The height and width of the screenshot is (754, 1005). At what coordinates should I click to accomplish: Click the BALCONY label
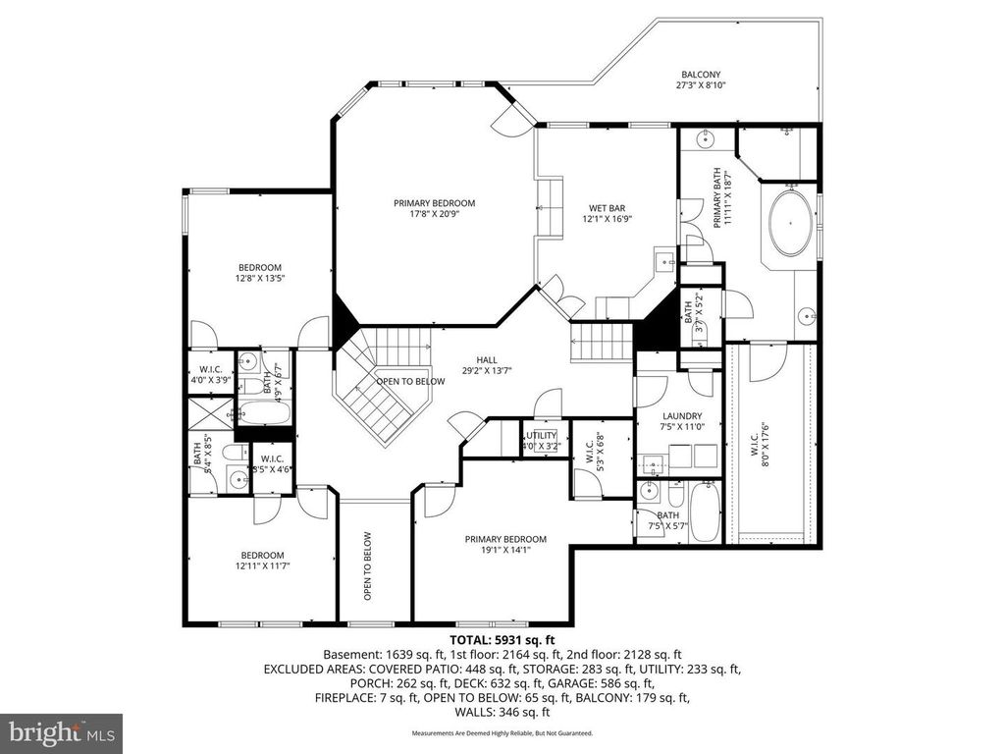[x=701, y=75]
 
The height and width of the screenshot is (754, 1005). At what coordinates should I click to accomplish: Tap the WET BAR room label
[x=607, y=208]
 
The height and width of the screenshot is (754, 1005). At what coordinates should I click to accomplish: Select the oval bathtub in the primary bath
[x=791, y=224]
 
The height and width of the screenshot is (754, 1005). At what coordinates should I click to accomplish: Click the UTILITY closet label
[x=540, y=435]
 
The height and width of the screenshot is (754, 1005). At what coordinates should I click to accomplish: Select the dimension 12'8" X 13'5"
[x=259, y=279]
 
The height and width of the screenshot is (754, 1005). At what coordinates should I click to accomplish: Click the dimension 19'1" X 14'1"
[x=505, y=552]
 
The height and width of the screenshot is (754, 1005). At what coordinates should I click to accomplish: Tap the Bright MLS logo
[x=61, y=731]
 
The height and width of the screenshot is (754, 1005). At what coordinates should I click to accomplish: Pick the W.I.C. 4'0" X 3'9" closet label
[x=208, y=374]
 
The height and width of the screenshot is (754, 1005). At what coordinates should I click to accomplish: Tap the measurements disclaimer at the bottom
[x=502, y=732]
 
